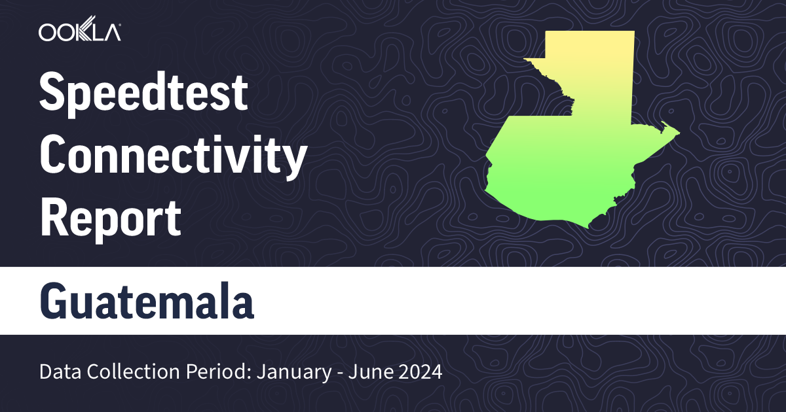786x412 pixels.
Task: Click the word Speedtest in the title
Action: pyautogui.click(x=143, y=93)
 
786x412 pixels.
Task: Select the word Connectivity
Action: pyautogui.click(x=174, y=156)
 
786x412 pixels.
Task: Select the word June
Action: pyautogui.click(x=367, y=373)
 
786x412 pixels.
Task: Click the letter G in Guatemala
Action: pyautogui.click(x=56, y=301)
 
